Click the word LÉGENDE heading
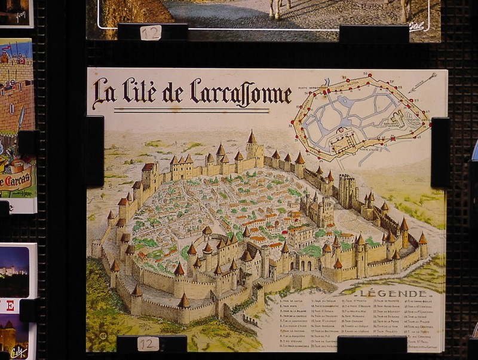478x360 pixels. click(x=396, y=294)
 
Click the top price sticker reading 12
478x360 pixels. click(x=151, y=32)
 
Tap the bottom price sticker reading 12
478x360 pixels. click(x=147, y=343)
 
